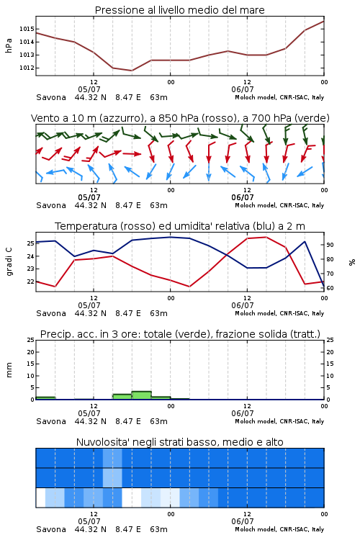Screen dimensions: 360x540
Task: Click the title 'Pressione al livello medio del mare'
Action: tap(179, 10)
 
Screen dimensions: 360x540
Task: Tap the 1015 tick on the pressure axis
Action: tap(27, 29)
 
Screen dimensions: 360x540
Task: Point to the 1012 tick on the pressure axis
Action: tap(27, 68)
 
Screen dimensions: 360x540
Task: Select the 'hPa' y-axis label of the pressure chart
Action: tap(9, 45)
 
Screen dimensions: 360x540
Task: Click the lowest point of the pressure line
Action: tap(132, 71)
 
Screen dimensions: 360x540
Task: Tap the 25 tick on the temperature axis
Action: tap(30, 243)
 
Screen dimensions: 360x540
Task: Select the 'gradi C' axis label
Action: tap(9, 261)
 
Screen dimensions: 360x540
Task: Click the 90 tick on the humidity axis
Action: tap(330, 245)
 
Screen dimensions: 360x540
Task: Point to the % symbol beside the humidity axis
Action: tap(352, 262)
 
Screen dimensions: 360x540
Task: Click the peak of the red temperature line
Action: tap(266, 237)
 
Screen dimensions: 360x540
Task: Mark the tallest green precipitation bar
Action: tap(142, 395)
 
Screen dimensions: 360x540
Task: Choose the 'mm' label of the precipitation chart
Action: tap(9, 369)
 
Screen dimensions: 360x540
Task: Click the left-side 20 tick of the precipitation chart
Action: tap(30, 352)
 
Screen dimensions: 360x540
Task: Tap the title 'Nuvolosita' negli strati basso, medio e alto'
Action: tap(179, 442)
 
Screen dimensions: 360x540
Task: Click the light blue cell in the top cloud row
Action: tap(112, 458)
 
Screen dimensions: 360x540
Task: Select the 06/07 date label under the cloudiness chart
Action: tap(242, 521)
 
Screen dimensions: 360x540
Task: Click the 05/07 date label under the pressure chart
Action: tap(89, 89)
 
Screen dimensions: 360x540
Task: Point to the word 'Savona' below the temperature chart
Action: tap(51, 313)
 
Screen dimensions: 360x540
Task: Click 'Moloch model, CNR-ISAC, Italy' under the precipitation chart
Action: tap(279, 421)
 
